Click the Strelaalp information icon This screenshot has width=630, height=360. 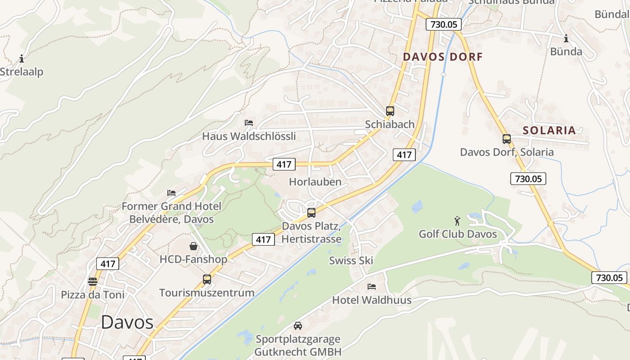[x=21, y=58]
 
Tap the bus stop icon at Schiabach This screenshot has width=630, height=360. [x=390, y=111]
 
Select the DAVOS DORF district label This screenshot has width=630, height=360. [x=442, y=57]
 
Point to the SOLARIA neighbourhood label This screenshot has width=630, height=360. [x=549, y=130]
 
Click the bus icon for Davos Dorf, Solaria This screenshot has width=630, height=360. [x=507, y=139]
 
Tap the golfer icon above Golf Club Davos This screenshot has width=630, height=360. [x=458, y=221]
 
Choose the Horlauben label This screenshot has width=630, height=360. [x=315, y=182]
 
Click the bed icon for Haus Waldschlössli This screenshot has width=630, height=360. [x=249, y=122]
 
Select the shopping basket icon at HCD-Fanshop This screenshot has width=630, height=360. [x=193, y=246]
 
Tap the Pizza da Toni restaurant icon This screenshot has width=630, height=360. [x=93, y=282]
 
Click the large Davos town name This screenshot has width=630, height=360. [x=127, y=322]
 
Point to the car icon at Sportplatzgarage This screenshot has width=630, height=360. [x=298, y=325]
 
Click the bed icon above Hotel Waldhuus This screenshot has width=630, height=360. [x=372, y=286]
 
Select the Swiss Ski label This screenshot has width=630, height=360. [x=351, y=260]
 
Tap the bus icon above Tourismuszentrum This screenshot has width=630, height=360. [x=207, y=279]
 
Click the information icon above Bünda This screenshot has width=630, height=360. [x=566, y=39]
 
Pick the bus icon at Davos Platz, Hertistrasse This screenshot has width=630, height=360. [x=311, y=213]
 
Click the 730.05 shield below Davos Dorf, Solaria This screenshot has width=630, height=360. [x=528, y=179]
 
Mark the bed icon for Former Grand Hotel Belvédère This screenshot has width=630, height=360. [x=171, y=193]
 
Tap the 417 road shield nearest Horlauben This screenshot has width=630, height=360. [x=283, y=164]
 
